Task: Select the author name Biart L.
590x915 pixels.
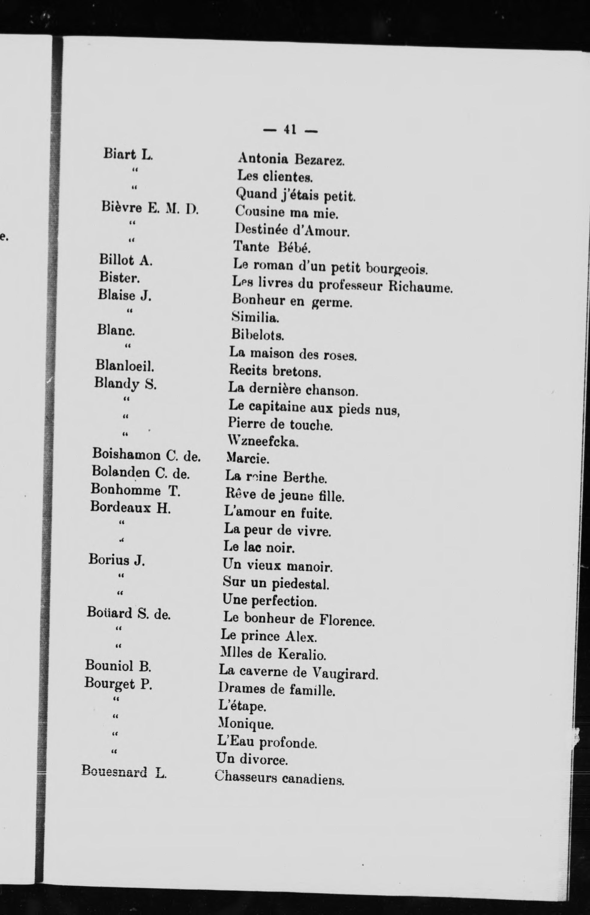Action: coord(128,154)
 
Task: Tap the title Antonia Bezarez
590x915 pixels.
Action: coord(291,159)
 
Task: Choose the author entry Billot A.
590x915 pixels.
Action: coord(126,260)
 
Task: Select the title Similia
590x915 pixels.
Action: coord(255,317)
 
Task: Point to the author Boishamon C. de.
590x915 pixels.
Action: coord(146,455)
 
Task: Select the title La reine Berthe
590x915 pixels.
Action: coord(276,477)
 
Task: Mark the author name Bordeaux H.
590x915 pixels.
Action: coord(130,508)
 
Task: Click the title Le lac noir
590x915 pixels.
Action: coord(259,548)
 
